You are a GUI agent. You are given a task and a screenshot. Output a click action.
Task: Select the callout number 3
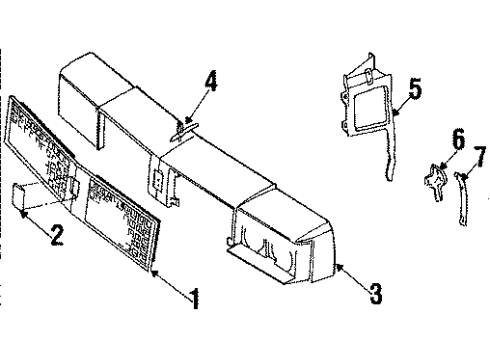click(375, 293)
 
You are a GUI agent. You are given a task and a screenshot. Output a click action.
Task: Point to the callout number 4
click(209, 78)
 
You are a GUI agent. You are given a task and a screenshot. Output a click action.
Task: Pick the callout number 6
click(457, 139)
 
